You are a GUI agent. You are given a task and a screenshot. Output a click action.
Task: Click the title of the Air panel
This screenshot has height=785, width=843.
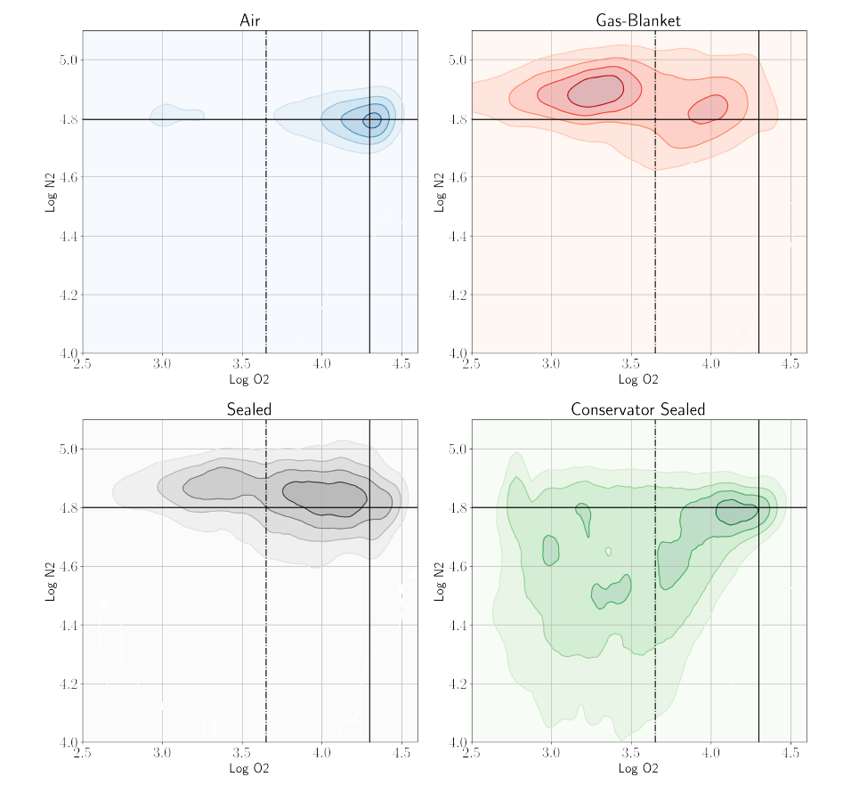tap(250, 20)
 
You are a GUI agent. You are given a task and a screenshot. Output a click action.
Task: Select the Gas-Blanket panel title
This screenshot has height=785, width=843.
tap(638, 20)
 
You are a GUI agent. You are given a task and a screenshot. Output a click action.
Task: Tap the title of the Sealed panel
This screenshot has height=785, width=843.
tap(250, 409)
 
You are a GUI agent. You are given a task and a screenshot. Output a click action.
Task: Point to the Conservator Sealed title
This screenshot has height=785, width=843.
tap(638, 409)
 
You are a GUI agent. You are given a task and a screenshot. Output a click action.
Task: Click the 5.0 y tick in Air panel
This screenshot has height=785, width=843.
tap(69, 60)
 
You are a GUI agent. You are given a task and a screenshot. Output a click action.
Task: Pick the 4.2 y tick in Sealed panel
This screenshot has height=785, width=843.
tap(69, 684)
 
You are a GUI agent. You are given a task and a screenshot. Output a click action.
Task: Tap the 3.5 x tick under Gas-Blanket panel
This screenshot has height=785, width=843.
tap(631, 363)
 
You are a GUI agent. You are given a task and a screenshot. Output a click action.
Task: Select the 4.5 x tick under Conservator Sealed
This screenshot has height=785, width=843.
tap(790, 753)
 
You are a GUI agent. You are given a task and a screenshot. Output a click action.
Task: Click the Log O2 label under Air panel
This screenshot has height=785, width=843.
tap(250, 380)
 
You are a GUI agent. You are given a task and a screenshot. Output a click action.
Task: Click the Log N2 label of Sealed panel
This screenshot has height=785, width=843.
tap(52, 581)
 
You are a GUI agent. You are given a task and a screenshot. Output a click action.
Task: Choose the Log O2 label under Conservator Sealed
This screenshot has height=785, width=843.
tap(638, 768)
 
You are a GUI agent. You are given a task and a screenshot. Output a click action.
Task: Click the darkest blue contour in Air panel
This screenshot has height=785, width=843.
tap(372, 119)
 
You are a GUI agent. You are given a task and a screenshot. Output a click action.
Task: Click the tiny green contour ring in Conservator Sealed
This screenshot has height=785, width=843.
tap(609, 551)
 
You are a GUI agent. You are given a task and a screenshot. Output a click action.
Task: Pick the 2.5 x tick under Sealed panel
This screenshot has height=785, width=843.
tap(83, 753)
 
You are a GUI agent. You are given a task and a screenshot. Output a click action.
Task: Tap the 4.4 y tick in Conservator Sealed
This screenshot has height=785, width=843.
tap(458, 625)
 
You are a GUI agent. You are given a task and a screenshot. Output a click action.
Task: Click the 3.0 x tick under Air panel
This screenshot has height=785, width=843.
tap(162, 363)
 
